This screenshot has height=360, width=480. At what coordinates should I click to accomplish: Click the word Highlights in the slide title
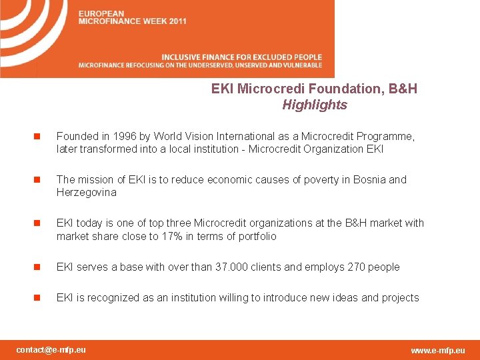[315, 105]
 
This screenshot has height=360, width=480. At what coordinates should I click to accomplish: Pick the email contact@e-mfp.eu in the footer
[51, 349]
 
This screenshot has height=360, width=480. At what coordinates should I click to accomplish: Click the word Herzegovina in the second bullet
[86, 193]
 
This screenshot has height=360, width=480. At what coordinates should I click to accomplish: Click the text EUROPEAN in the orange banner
[101, 13]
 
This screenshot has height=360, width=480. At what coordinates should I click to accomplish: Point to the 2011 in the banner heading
[177, 21]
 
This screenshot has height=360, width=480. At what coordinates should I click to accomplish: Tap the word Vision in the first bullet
[179, 136]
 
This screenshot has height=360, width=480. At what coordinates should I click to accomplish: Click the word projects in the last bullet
[400, 297]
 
